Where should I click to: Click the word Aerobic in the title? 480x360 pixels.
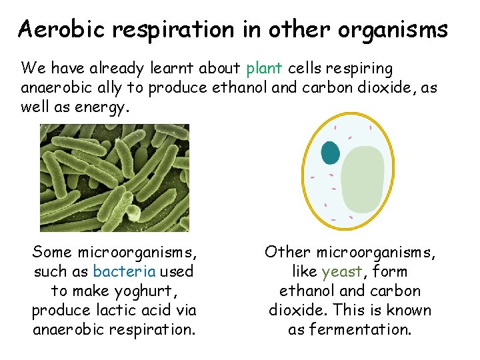pyautogui.click(x=56, y=29)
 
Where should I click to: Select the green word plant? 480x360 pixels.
pyautogui.click(x=265, y=69)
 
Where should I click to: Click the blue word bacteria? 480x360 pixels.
pyautogui.click(x=125, y=271)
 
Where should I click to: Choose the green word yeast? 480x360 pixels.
pyautogui.click(x=342, y=271)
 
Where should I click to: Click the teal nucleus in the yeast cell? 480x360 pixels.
pyautogui.click(x=331, y=152)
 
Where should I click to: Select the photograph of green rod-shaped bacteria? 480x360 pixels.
pyautogui.click(x=114, y=178)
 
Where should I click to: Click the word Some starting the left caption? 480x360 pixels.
pyautogui.click(x=53, y=252)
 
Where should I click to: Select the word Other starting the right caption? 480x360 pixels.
pyautogui.click(x=288, y=252)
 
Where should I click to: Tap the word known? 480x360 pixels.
pyautogui.click(x=407, y=310)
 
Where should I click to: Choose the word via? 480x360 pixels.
pyautogui.click(x=187, y=310)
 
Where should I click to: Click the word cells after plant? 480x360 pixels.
pyautogui.click(x=305, y=68)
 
